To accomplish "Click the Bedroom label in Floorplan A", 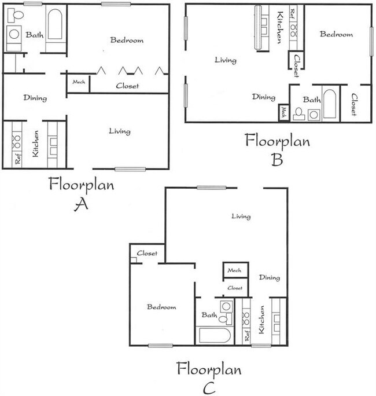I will [127, 41].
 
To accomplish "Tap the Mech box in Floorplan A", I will [79, 82].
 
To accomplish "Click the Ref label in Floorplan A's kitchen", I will [17, 158].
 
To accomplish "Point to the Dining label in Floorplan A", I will [35, 98].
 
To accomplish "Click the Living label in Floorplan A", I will [119, 131].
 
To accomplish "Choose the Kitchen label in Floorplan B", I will [279, 27].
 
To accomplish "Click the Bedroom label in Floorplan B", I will [336, 34].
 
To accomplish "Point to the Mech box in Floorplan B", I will [283, 112].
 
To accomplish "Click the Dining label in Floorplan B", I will [263, 97].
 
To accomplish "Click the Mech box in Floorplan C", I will [234, 270].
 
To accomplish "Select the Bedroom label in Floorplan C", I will [161, 307].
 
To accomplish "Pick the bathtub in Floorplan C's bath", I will [215, 335].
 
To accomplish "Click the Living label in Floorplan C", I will [241, 217].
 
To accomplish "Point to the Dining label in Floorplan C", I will [269, 278].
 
